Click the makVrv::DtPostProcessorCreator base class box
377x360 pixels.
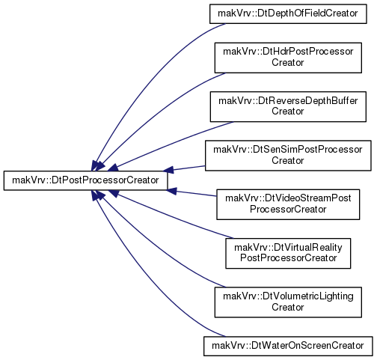(85, 180)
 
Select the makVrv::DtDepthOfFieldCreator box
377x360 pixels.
(288, 13)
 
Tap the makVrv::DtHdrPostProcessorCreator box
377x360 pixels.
(288, 58)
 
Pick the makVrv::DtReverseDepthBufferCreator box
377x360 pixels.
(288, 106)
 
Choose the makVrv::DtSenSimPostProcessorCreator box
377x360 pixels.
(288, 156)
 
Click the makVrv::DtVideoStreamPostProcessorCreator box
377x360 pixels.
(288, 204)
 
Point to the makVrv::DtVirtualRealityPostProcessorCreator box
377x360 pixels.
(288, 253)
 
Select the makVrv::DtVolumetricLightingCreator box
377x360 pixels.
(288, 302)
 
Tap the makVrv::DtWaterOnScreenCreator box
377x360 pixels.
(288, 346)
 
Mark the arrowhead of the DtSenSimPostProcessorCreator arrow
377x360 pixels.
(168, 170)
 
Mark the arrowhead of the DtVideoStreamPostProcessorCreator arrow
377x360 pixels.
(171, 191)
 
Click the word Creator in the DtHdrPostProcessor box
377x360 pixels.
(288, 62)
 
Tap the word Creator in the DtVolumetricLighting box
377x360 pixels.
(288, 307)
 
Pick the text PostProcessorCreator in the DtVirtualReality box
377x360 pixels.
(288, 258)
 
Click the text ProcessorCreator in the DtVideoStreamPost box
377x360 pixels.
(288, 209)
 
